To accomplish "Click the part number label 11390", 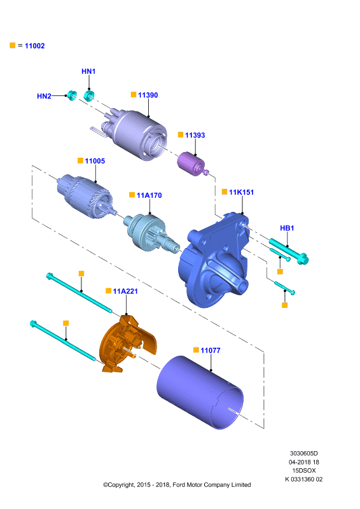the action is [148, 95].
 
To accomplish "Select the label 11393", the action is [195, 135].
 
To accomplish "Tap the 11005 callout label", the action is [95, 161].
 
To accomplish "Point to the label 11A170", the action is [149, 195].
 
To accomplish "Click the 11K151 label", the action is [241, 192].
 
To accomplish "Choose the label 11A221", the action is [125, 291].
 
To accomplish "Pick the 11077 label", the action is [211, 351].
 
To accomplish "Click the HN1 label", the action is [88, 71].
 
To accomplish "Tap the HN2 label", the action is [44, 96].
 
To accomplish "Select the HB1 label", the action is [287, 228].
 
